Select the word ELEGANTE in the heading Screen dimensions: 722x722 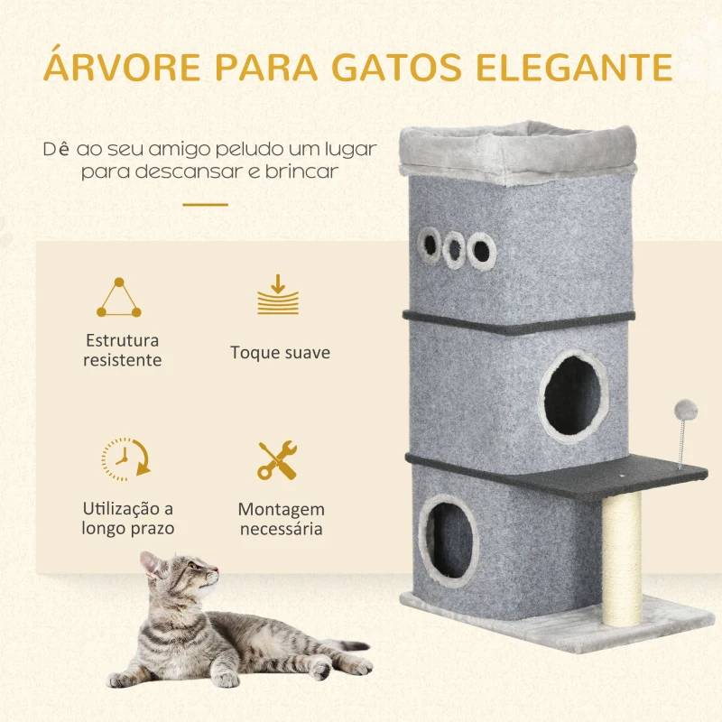coord(588,69)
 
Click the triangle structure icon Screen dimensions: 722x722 coord(119,299)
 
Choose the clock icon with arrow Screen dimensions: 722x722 coord(125,459)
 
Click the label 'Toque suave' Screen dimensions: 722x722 coord(280,352)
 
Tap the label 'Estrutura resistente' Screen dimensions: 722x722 coord(123,350)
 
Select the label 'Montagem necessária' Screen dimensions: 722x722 coord(281,519)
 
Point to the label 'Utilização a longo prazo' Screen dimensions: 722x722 coord(128,519)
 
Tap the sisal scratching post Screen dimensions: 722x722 coord(622,560)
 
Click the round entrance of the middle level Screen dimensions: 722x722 coord(573,395)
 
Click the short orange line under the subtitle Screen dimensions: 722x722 coord(206,205)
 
